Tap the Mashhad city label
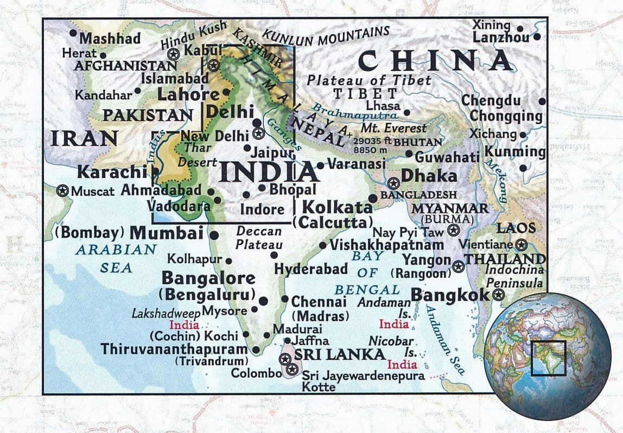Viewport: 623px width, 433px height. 110,39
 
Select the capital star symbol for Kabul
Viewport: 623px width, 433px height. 173,54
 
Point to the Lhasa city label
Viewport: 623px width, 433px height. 383,105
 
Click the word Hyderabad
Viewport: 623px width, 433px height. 310,269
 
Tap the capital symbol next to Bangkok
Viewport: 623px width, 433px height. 498,295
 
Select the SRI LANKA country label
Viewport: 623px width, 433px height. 339,354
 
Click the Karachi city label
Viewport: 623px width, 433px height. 112,172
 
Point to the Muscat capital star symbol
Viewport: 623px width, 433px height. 63,190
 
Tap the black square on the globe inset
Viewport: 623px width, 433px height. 548,358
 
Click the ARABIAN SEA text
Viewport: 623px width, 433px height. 116,258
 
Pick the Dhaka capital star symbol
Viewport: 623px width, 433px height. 393,182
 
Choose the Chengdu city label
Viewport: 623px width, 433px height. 491,101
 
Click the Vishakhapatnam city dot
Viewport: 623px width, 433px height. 323,245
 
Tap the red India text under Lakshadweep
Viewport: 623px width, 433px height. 185,325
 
